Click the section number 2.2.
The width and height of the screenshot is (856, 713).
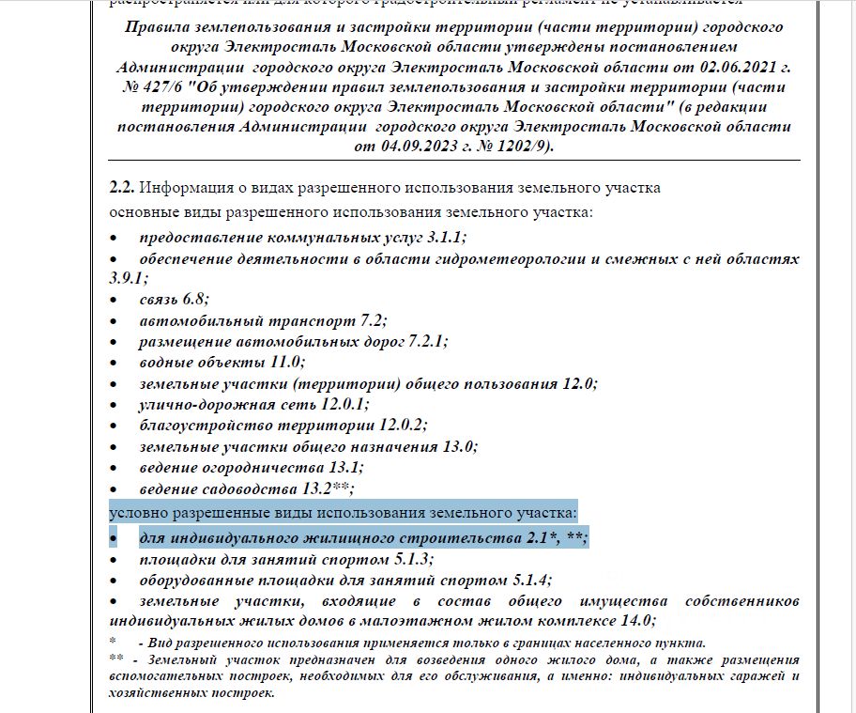[x=122, y=188]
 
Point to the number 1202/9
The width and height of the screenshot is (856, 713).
[x=514, y=146]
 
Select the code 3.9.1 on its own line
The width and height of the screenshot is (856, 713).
[x=128, y=279]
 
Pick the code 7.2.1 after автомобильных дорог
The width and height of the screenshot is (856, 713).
[x=428, y=341]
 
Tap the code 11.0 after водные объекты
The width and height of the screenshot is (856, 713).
[x=286, y=362]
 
